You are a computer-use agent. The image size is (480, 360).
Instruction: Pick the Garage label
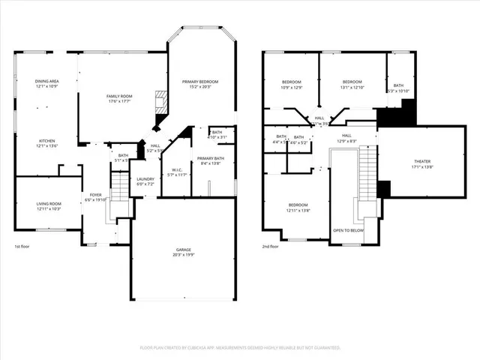point(184,251)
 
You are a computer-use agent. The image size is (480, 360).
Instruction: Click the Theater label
point(422,164)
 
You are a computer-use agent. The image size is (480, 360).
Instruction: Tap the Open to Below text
point(349,230)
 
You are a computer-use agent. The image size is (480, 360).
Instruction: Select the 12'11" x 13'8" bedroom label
point(298,208)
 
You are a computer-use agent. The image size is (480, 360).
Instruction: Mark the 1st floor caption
point(23,247)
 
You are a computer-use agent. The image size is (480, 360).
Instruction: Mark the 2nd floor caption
point(271,247)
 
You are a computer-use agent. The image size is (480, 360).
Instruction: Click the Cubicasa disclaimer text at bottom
point(240,347)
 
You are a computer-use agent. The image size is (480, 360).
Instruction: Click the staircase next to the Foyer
point(120,187)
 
